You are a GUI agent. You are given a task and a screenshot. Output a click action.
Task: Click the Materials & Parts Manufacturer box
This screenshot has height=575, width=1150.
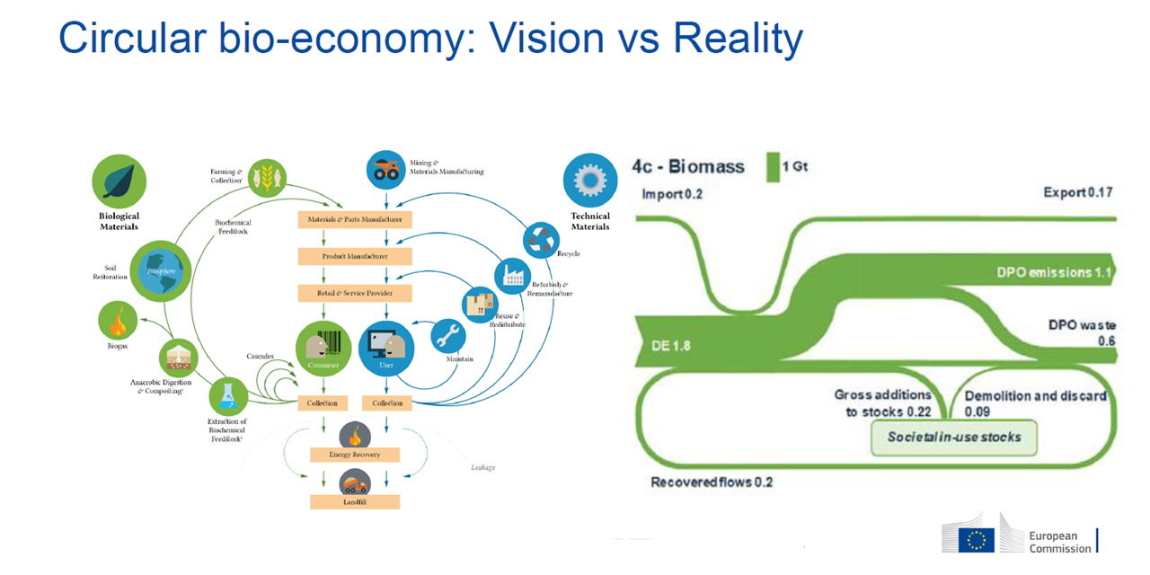[x=355, y=219]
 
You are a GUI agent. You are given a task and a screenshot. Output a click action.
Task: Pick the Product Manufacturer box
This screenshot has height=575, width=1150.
[x=355, y=256]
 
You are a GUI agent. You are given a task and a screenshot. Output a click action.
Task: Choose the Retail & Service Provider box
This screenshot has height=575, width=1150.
[x=355, y=293]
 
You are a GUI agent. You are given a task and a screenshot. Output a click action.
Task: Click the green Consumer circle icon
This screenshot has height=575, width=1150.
[x=323, y=349]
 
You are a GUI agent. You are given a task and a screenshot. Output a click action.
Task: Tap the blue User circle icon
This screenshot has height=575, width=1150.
[x=386, y=349]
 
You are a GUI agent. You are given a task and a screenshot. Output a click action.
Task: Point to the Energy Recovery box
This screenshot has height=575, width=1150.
[x=355, y=454]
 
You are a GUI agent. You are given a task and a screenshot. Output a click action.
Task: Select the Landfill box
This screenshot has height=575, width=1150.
[x=355, y=501]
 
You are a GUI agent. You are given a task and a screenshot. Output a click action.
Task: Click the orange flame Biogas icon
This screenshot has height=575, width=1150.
[x=119, y=318]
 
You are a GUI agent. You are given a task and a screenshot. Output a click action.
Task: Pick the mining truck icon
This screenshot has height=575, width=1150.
[x=386, y=169]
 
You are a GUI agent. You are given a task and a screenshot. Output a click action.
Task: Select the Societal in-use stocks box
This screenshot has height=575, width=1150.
[x=954, y=438]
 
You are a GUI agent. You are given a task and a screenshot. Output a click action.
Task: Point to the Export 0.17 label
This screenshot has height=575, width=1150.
[x=1078, y=192]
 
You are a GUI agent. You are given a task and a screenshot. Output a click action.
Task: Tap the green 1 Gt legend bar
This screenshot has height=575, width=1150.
[x=772, y=167]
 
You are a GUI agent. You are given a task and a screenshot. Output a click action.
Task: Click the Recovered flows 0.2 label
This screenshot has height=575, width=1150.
[x=712, y=482]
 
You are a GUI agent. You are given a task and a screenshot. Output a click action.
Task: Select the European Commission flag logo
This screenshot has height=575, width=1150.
[x=977, y=539]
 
